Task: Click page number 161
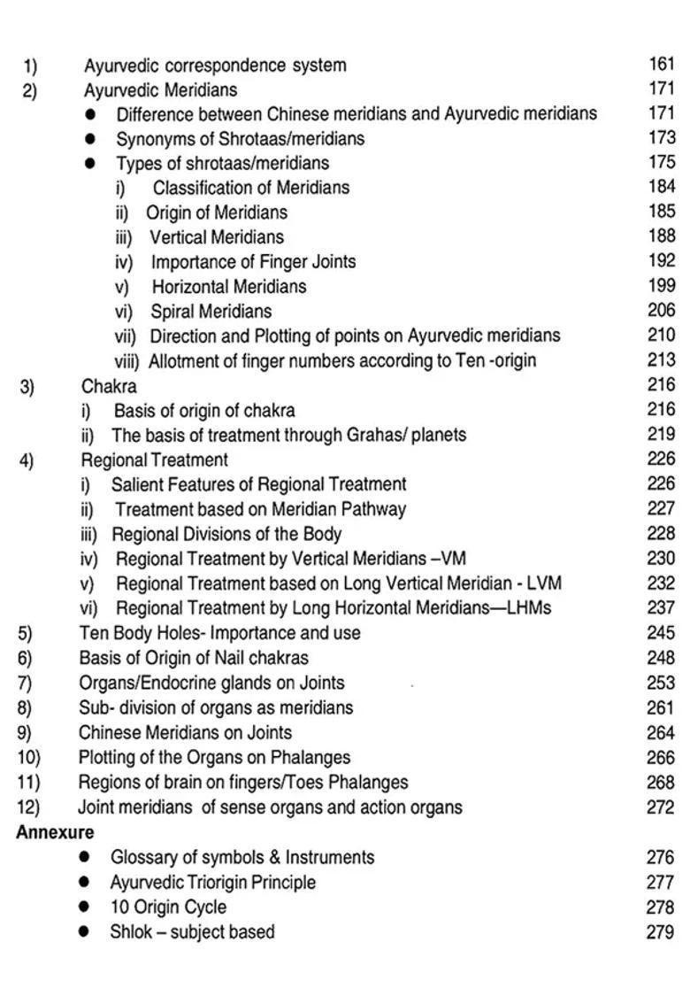[662, 64]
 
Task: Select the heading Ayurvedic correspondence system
[215, 66]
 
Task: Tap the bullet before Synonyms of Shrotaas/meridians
[90, 139]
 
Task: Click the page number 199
[662, 286]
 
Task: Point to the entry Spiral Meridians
[211, 312]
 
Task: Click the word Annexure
[55, 832]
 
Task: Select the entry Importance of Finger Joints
[253, 262]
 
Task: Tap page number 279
[660, 931]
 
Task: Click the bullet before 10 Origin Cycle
[84, 908]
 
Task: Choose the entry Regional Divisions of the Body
[226, 534]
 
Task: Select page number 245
[661, 633]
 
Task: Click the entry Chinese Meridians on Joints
[185, 732]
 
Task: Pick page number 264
[661, 732]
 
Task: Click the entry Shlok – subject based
[192, 931]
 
